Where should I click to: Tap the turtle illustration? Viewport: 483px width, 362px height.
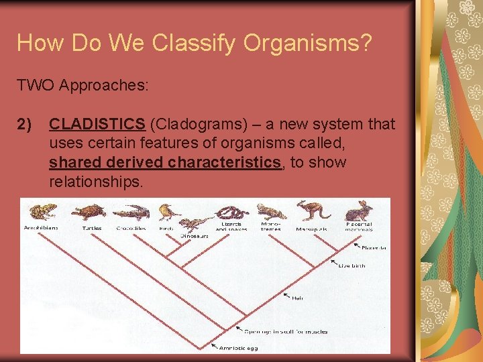click(x=89, y=213)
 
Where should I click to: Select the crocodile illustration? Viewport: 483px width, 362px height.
click(x=131, y=213)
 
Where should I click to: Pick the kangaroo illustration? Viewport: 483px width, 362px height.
click(x=313, y=210)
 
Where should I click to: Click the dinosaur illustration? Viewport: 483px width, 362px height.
click(x=197, y=224)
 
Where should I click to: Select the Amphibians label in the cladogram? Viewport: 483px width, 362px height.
click(x=42, y=228)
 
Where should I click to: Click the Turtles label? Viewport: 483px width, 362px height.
click(x=92, y=228)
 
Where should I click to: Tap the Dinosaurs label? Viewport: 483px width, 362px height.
click(x=195, y=236)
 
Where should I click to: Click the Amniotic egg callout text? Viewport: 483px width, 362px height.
click(x=239, y=347)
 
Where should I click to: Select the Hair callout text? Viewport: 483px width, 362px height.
click(x=297, y=298)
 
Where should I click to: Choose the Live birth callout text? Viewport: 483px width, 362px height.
click(x=352, y=265)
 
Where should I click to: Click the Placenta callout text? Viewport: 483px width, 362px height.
click(x=374, y=248)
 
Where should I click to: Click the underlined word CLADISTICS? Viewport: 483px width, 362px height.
click(x=97, y=124)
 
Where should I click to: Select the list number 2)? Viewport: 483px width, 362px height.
click(x=24, y=124)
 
